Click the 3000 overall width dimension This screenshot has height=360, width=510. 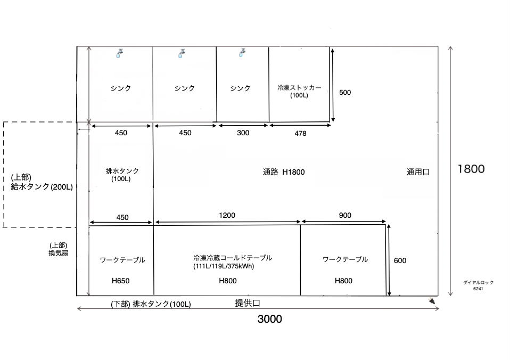[269, 319]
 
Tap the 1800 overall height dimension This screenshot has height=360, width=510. [471, 169]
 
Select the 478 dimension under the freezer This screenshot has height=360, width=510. [300, 134]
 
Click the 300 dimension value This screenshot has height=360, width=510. [243, 133]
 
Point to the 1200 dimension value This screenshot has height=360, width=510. [227, 216]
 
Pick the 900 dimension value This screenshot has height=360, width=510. [345, 216]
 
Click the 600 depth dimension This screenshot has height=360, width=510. [400, 261]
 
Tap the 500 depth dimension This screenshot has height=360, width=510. [345, 93]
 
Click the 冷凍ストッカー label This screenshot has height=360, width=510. [299, 87]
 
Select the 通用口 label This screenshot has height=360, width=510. [418, 172]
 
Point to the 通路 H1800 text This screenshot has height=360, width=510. [284, 172]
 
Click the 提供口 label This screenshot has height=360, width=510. [248, 304]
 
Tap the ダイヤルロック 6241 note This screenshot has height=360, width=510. [478, 285]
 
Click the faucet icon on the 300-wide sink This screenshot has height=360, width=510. [242, 53]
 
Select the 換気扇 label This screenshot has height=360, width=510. [59, 253]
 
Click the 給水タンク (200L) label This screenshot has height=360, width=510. [42, 187]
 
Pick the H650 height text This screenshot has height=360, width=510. [120, 281]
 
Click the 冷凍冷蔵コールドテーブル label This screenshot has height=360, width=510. [233, 258]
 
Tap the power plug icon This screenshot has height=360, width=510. [432, 301]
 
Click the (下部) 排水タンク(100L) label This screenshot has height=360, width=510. [151, 304]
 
